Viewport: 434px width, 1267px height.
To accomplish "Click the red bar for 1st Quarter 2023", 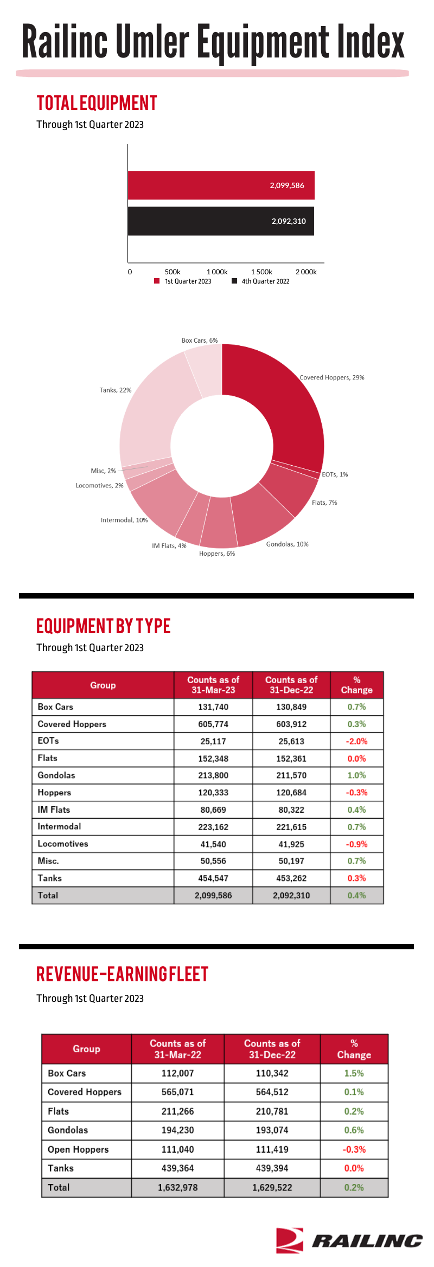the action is pos(221,185).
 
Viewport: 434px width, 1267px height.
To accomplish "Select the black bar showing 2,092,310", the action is pos(221,221).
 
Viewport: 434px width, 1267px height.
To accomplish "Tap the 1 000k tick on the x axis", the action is pos(217,272).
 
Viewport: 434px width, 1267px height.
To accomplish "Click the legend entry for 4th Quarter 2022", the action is pos(260,281).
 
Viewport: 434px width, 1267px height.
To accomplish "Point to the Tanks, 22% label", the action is pos(116,390).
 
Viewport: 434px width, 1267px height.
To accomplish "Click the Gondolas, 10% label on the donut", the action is pos(287,544).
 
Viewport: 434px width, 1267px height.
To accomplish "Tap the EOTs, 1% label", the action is pos(335,474).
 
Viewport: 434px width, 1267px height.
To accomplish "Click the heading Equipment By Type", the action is pos(104,626).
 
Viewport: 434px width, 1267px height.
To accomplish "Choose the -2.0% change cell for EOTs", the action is pos(357,741).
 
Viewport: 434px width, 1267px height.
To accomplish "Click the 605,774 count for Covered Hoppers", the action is pos(213,724).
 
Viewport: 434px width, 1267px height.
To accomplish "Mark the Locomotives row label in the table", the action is pos(63,844).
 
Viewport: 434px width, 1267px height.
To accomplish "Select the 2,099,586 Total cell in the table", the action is pos(213,896).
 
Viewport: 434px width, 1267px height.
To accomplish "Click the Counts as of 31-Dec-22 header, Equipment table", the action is pos(291,685).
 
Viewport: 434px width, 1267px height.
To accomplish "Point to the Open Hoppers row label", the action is pos(78,1149).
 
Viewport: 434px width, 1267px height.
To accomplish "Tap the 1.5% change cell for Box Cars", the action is pos(354,1073).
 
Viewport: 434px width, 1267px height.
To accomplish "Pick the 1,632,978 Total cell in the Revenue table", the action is pos(178,1187).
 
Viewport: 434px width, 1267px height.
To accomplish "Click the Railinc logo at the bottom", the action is pos(349,1240).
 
